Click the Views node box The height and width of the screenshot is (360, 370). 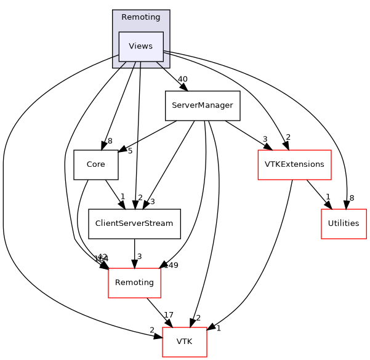(140, 47)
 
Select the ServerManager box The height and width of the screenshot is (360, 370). (202, 105)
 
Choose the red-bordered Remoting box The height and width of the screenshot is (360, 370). (134, 282)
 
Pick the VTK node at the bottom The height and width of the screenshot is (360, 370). (184, 342)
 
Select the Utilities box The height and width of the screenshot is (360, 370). (344, 223)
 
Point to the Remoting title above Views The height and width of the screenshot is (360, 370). (140, 17)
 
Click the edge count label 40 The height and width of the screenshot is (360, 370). (182, 79)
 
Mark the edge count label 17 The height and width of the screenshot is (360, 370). (169, 315)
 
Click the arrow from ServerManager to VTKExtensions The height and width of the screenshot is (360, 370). (244, 135)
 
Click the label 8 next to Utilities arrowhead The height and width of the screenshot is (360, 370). (352, 198)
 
